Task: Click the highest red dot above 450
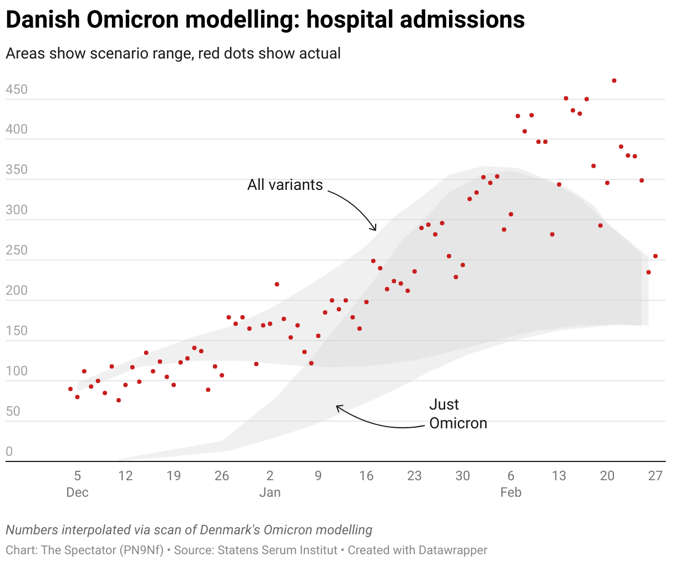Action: point(614,81)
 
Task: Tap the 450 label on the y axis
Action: point(17,89)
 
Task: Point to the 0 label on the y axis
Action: point(9,452)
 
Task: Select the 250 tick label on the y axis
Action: point(17,250)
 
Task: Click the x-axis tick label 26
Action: point(222,476)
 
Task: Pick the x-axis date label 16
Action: point(366,476)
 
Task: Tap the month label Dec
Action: point(77,492)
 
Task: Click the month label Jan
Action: point(270,492)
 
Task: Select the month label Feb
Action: point(511,492)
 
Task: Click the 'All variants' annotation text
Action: point(285,185)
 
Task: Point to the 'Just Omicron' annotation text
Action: point(458,414)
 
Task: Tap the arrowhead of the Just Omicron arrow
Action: point(338,407)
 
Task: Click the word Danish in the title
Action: point(42,20)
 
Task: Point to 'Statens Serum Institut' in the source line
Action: point(277,550)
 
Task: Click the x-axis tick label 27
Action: point(655,476)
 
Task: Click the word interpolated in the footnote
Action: point(92,530)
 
